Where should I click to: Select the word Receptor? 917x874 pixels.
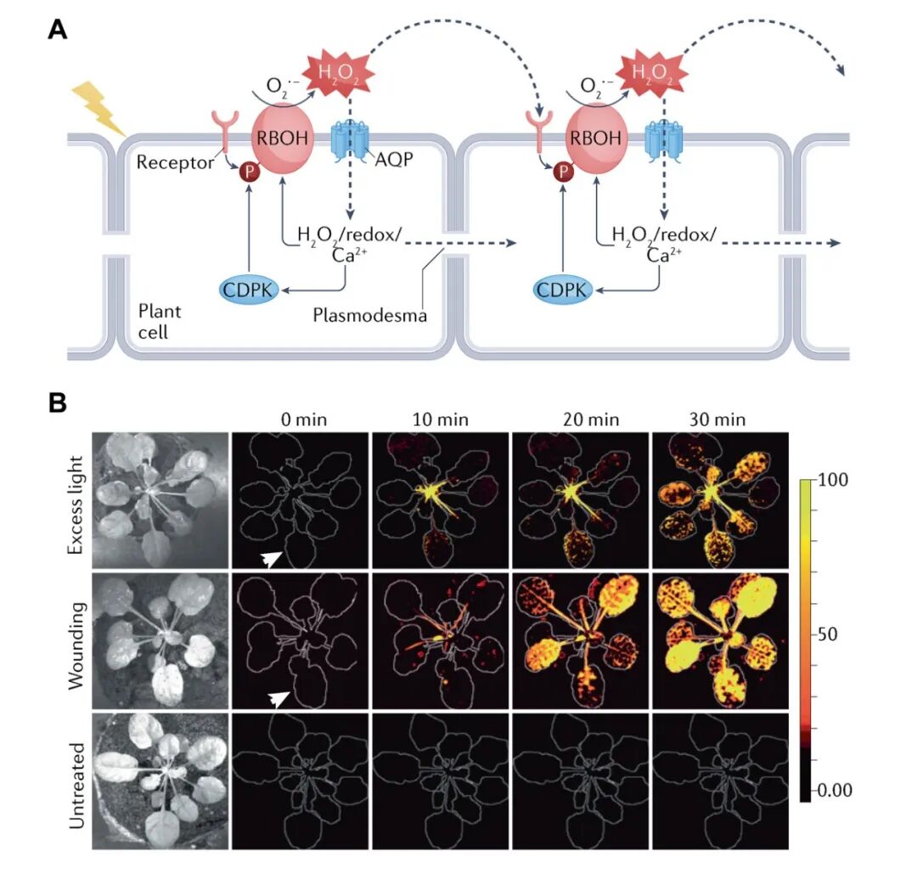(x=175, y=162)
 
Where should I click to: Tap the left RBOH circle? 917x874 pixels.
(x=283, y=138)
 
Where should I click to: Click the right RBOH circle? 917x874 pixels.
(x=596, y=138)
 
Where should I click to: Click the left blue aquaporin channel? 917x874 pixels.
(x=347, y=139)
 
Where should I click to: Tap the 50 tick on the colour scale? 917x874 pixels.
(x=835, y=635)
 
